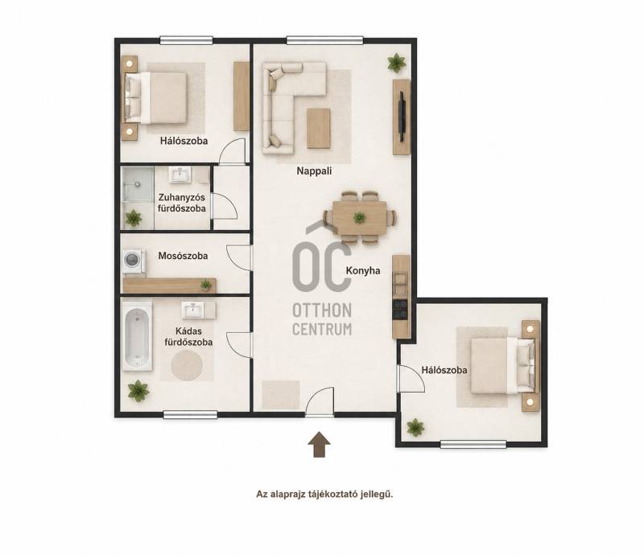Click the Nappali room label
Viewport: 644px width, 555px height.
coord(314,171)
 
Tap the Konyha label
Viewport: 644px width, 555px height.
coord(363,270)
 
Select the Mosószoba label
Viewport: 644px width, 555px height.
coord(184,256)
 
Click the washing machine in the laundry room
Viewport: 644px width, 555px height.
coord(134,261)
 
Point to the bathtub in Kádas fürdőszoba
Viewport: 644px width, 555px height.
coord(137,336)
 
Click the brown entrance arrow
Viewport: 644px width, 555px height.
coord(319,444)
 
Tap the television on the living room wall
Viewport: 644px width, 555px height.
coord(402,117)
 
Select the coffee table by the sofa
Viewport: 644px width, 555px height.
coord(318,129)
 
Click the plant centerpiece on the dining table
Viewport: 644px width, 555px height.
coord(359,217)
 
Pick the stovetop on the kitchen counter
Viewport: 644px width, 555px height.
coord(400,310)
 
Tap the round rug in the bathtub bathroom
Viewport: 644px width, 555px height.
coord(187,365)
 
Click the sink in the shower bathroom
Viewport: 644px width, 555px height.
coord(180,174)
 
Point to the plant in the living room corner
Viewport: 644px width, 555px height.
coord(396,63)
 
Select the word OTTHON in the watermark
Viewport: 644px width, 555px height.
coord(322,310)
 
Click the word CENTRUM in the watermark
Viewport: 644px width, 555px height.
coord(322,329)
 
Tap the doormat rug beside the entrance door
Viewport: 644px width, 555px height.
coord(281,395)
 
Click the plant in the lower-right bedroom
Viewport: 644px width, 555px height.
coord(415,427)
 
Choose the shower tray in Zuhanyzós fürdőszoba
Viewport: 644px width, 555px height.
coord(138,184)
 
